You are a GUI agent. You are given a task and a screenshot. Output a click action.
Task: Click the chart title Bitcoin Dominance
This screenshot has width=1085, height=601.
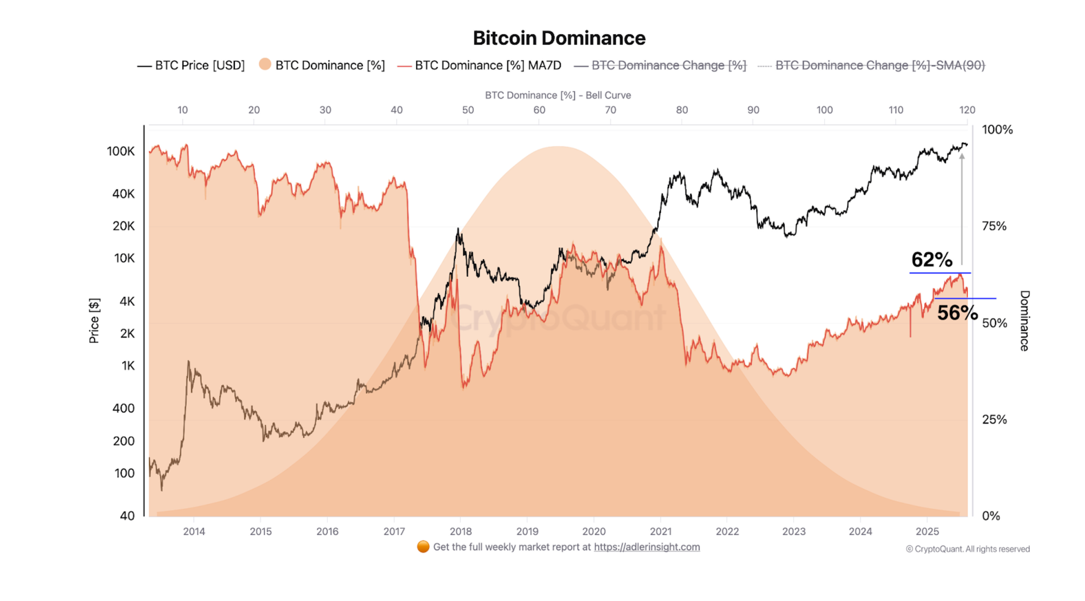coord(559,38)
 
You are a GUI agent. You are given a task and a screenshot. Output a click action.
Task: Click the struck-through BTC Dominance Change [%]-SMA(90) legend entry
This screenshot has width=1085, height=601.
coord(879,66)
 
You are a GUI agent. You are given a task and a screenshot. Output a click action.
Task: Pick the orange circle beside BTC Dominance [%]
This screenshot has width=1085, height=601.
coord(265,65)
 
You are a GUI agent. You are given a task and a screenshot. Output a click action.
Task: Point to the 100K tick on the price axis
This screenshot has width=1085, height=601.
coord(120,151)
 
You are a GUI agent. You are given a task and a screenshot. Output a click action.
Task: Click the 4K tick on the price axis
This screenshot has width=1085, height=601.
coord(127,302)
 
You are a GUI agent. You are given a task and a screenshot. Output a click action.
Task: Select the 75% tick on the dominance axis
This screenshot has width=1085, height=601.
coord(994,226)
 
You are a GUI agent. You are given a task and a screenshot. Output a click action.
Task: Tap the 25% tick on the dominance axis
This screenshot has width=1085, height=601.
coord(994,419)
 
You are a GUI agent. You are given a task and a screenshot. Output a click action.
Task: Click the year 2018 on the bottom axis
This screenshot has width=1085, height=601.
coord(461,532)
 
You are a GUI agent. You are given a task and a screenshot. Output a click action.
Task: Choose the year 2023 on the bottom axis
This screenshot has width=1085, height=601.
coord(794,532)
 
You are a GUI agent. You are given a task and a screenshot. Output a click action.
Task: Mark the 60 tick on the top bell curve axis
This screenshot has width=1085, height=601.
coord(539,110)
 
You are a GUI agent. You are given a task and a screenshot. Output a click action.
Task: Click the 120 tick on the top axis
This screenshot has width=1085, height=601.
coord(967,110)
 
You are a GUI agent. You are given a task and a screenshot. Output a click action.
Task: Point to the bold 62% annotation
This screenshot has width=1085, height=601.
coord(931,260)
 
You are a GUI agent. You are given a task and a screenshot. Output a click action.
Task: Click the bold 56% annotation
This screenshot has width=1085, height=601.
coord(957,313)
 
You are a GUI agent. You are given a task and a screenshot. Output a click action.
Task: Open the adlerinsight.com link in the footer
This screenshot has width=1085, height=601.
coord(647,547)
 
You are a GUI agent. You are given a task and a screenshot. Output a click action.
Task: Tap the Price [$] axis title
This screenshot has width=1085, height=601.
coord(94,321)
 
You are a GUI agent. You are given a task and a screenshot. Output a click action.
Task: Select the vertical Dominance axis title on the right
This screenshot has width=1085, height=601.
coord(1024,321)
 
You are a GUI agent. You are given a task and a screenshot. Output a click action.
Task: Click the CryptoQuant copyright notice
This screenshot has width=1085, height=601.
coord(968,549)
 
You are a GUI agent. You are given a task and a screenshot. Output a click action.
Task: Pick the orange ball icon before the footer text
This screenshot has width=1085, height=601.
coord(423,547)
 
